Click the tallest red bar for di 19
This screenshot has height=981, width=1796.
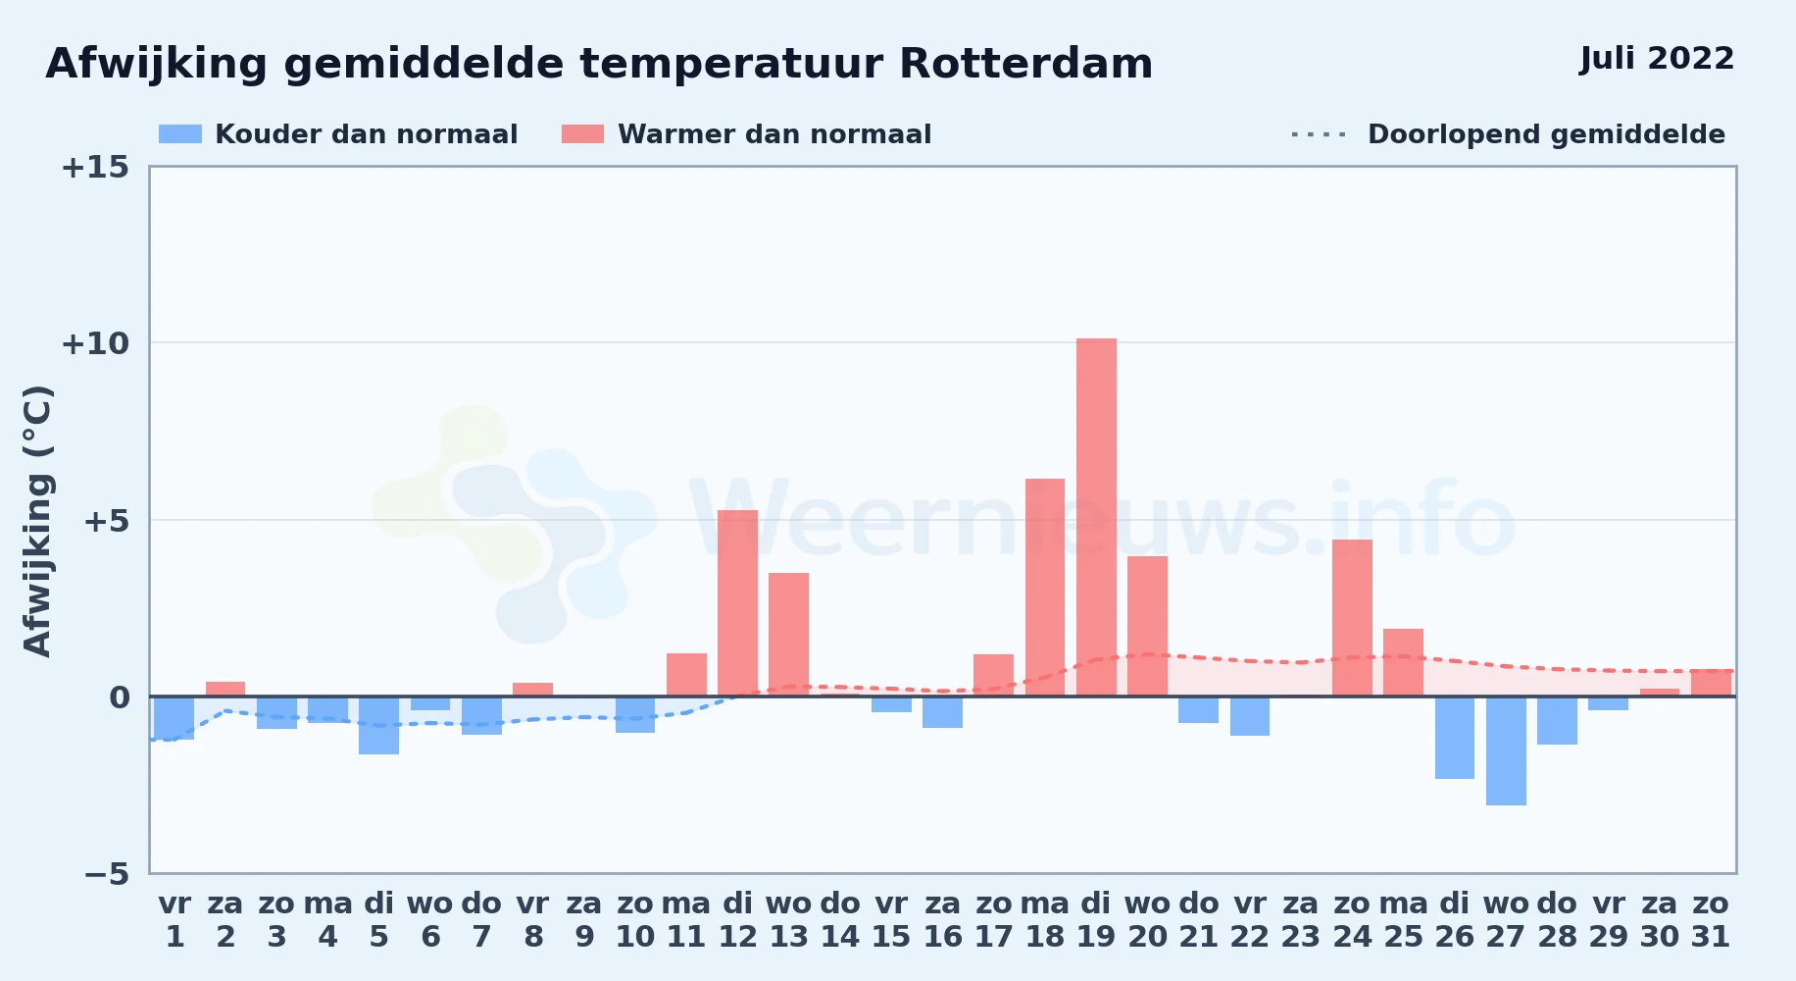point(1096,517)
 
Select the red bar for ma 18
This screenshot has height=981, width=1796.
point(1045,588)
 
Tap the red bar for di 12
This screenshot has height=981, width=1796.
point(737,603)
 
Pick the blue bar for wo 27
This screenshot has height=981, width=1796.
point(1506,750)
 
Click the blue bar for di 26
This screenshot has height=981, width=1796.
point(1455,738)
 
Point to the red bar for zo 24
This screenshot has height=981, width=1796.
point(1352,618)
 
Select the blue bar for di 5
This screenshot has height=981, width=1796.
point(378,725)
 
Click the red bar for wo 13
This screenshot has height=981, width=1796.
point(788,635)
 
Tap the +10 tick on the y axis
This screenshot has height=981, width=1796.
point(95,343)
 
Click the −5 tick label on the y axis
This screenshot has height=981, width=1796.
point(106,873)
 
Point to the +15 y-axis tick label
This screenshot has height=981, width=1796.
point(95,167)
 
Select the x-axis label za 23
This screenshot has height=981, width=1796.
point(1301,920)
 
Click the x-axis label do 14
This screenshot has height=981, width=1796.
point(840,920)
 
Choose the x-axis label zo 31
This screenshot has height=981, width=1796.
point(1711,920)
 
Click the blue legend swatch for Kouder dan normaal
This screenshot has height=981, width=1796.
point(180,134)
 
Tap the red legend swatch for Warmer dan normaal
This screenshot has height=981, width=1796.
point(583,134)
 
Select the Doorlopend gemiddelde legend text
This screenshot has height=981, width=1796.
point(1547,134)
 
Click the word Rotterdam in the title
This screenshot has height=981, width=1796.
point(1025,64)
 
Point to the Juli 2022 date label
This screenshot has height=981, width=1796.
point(1657,58)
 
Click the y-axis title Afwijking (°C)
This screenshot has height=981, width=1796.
point(37,521)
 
